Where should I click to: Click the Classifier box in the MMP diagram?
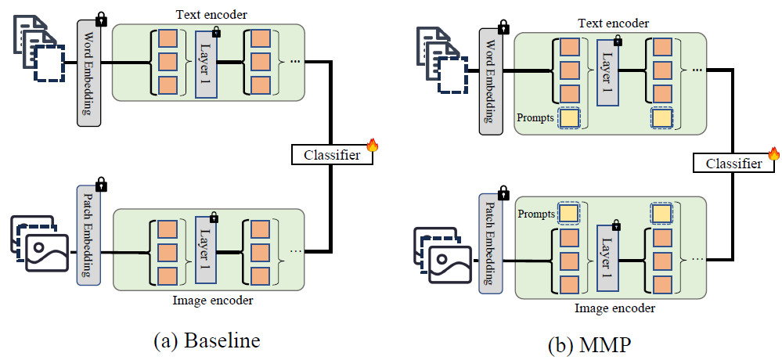[733, 163]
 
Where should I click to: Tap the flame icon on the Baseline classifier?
[372, 146]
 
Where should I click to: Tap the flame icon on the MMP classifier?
[774, 154]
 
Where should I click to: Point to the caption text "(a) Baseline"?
[207, 341]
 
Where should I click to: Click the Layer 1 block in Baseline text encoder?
[206, 65]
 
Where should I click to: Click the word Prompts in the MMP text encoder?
[535, 118]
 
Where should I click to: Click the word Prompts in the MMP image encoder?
[536, 213]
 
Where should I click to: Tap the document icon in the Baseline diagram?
[35, 47]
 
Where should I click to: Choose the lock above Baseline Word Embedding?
[100, 17]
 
